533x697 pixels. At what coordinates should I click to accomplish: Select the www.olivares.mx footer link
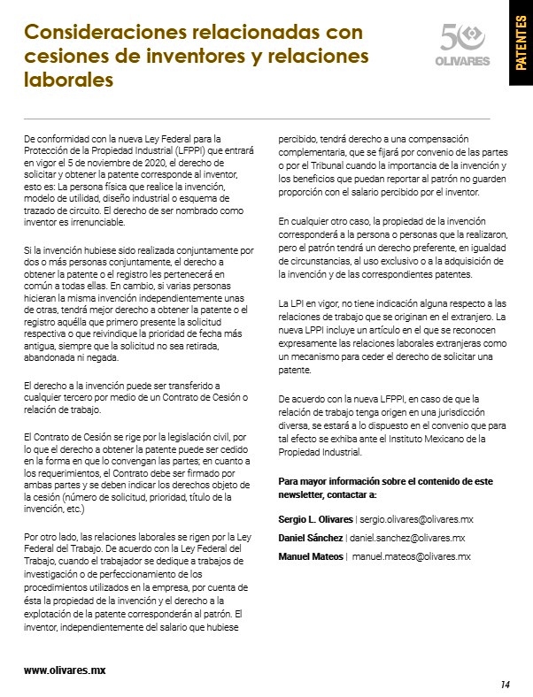pos(65,670)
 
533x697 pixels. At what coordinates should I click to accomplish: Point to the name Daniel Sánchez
pos(312,537)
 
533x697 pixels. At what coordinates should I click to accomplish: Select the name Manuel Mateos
pos(311,556)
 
